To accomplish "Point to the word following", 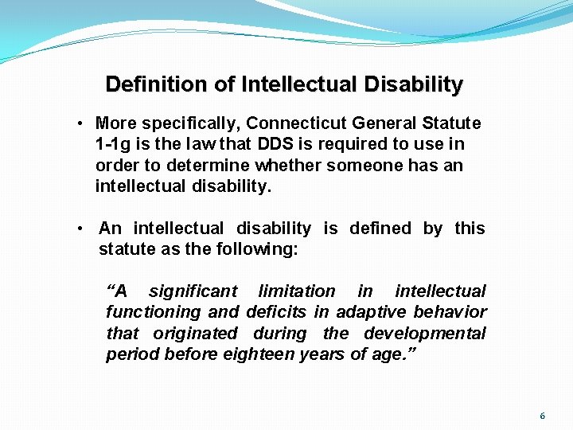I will click(256, 249).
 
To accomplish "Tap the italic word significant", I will click(193, 291).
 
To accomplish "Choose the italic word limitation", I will click(297, 291).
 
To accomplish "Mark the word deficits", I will click(275, 312).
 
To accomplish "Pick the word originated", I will click(195, 333).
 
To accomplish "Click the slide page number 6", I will click(542, 416).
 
